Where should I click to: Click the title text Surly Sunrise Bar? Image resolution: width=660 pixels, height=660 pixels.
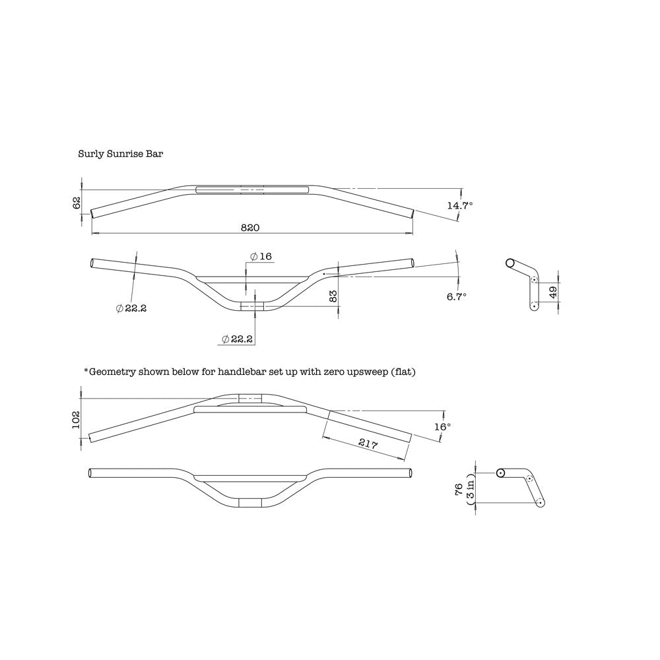coord(120,154)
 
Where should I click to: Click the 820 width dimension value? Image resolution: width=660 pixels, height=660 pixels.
coord(250,227)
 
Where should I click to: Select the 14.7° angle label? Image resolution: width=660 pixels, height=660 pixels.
coord(460,206)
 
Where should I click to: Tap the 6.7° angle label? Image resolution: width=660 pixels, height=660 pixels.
coord(456,297)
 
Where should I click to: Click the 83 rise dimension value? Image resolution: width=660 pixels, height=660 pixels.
coord(333,296)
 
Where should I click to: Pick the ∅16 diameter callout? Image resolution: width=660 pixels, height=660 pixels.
coord(261,256)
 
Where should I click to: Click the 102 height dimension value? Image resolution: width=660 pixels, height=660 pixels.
coord(76,420)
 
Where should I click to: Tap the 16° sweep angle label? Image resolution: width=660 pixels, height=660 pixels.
coord(443,427)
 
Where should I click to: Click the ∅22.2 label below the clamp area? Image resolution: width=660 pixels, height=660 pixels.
coord(238,339)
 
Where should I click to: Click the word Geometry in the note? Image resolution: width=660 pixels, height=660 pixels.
coord(112,372)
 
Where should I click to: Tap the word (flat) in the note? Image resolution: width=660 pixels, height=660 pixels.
coord(404,372)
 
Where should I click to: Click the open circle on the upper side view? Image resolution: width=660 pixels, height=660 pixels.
coord(510,263)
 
